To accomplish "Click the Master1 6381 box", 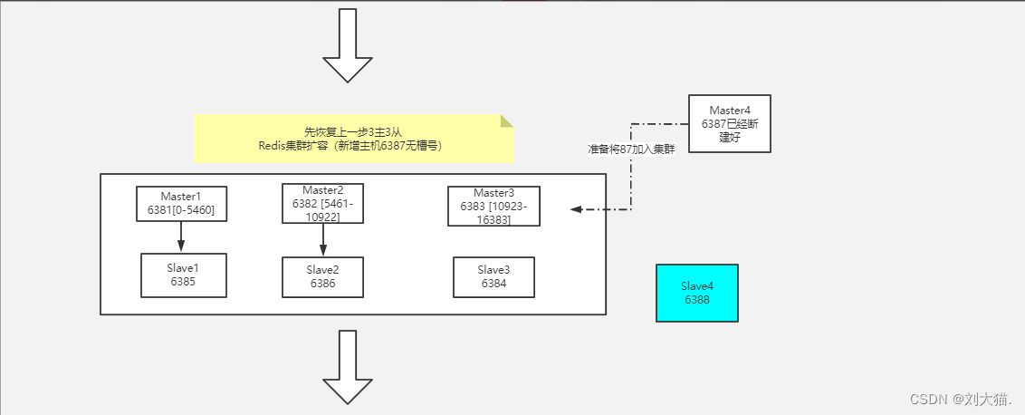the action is coord(181,204).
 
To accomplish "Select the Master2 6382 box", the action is coord(322,203).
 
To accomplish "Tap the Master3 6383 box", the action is coord(493,207).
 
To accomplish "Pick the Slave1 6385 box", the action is coord(184,275).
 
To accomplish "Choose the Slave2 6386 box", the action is coord(322,277).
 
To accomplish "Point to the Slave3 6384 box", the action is coord(493,277).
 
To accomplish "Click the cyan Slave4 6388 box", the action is coord(697,293).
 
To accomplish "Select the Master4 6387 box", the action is coord(730,124).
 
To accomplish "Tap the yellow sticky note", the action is coord(354,139).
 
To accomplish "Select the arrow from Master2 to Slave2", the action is coord(322,239).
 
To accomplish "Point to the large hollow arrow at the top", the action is coord(347,46).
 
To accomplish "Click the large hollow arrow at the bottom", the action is coord(347,367).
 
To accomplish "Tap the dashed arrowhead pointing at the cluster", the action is coord(576,209).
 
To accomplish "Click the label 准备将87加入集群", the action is coord(631,150).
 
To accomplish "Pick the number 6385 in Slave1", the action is coord(184,282).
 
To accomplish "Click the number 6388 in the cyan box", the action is coord(697,299).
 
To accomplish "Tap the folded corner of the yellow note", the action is coord(507,121).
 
